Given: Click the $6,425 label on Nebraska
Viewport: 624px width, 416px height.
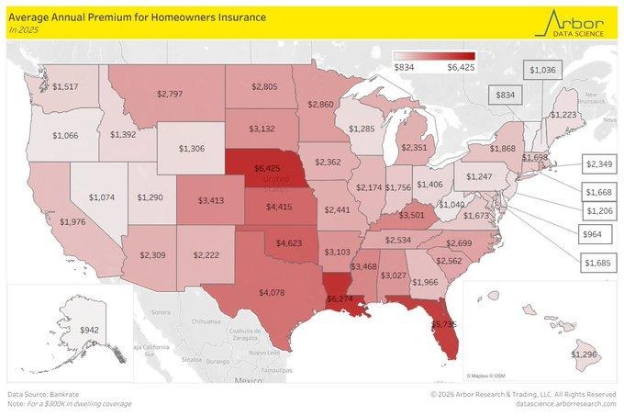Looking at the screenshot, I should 276,169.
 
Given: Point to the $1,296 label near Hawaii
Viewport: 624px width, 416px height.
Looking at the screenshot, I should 585,354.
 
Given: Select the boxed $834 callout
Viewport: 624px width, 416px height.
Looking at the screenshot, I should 505,94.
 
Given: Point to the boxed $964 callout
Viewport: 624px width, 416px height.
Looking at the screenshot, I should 595,235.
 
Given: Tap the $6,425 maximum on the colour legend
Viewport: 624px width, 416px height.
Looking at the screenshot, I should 461,66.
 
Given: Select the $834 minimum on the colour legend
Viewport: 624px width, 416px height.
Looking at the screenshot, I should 404,66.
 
